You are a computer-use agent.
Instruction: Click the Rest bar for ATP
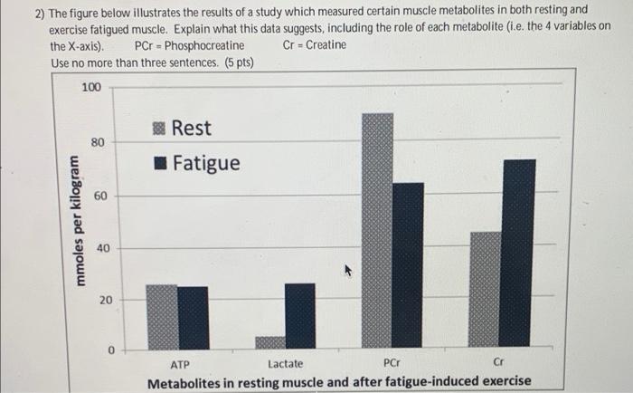click(x=162, y=317)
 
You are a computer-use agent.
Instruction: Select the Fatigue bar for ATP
click(x=193, y=318)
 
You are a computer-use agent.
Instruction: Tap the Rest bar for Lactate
click(x=269, y=343)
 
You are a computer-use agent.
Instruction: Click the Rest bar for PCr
click(x=377, y=231)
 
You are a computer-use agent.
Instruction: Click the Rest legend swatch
click(x=159, y=129)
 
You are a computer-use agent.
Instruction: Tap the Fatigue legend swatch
click(x=159, y=164)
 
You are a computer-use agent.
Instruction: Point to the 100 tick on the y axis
click(x=91, y=88)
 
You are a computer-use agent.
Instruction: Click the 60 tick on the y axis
click(x=101, y=196)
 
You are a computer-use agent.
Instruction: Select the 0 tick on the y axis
click(x=110, y=349)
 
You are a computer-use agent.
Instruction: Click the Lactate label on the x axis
click(x=286, y=364)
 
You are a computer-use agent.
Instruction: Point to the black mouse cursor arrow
click(x=345, y=269)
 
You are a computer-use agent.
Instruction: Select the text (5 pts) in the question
click(x=236, y=62)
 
